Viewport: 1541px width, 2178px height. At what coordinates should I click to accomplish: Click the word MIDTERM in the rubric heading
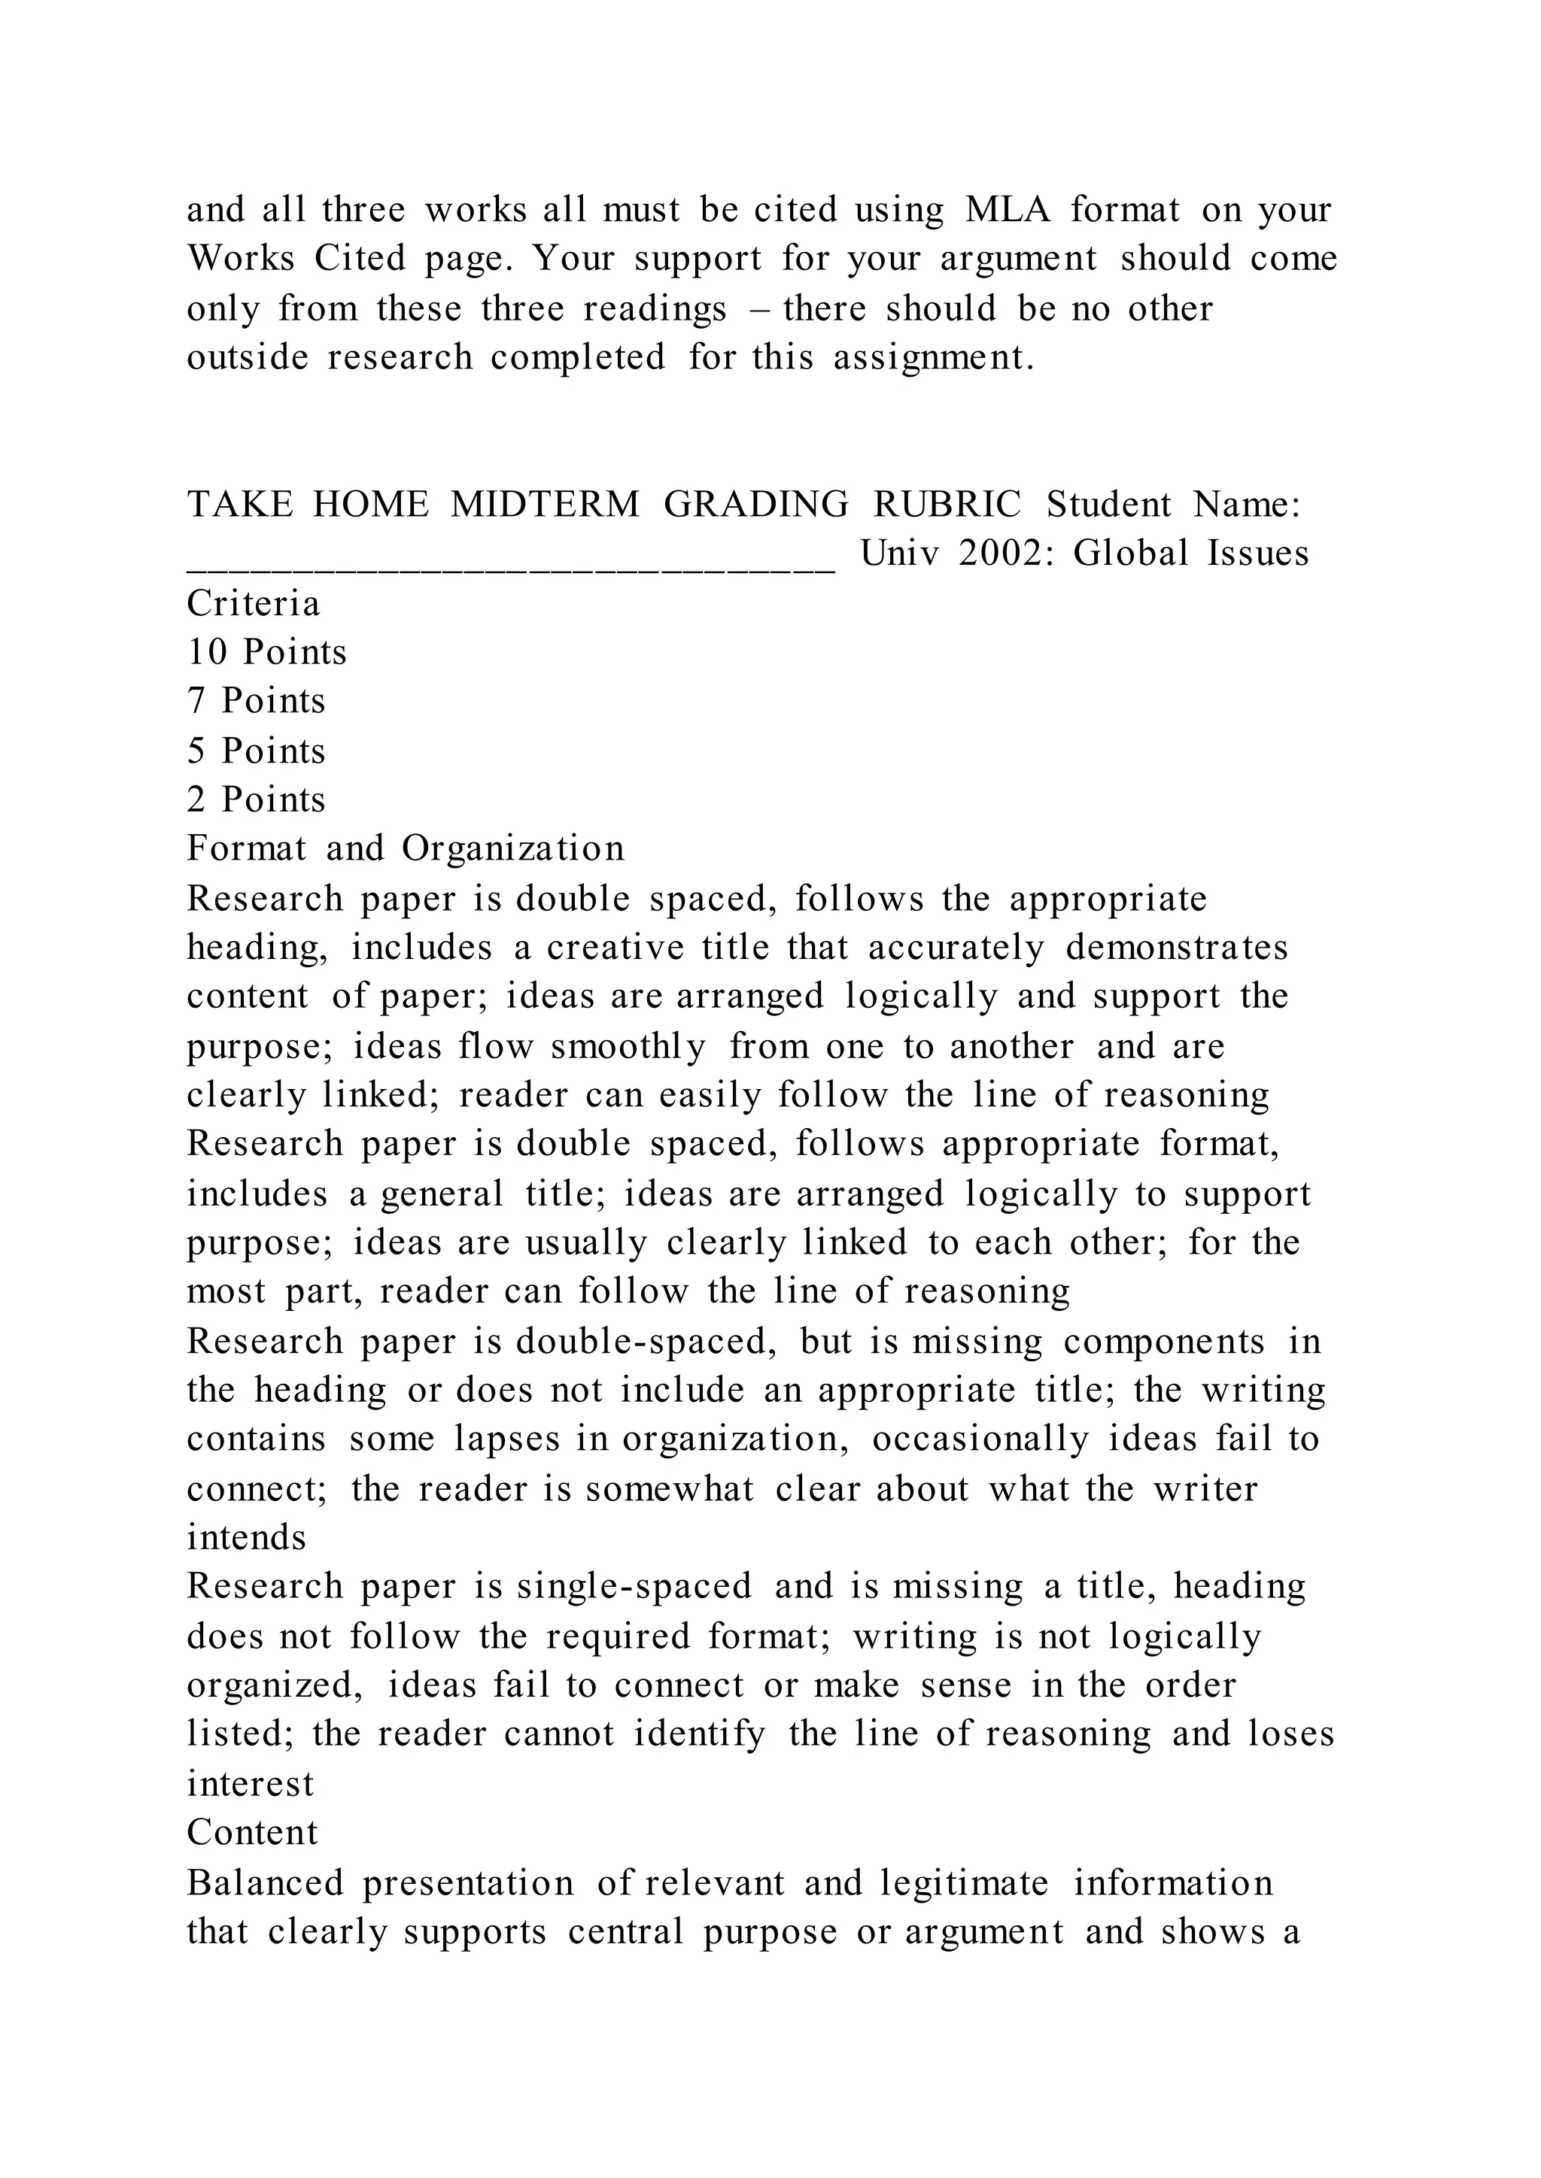(x=545, y=505)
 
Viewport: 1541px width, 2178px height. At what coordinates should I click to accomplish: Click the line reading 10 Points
(x=266, y=653)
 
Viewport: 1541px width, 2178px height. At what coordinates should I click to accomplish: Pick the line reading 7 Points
(x=256, y=701)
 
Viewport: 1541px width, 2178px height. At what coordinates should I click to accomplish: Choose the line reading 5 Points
(x=256, y=751)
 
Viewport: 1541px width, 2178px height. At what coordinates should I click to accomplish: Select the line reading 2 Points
(x=256, y=799)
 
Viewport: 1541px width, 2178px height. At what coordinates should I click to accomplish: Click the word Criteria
(x=254, y=603)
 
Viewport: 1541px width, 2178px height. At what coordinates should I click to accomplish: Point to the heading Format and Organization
(x=405, y=848)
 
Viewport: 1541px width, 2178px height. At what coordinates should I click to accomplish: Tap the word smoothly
(x=628, y=1046)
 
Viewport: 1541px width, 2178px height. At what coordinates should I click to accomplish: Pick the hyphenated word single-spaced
(x=634, y=1587)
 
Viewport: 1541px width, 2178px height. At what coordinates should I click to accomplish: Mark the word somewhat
(x=669, y=1488)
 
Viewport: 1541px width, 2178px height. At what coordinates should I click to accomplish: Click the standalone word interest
(x=250, y=1783)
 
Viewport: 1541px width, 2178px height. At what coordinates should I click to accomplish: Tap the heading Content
(x=252, y=1833)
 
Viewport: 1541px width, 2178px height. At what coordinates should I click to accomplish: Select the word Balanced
(x=265, y=1882)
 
